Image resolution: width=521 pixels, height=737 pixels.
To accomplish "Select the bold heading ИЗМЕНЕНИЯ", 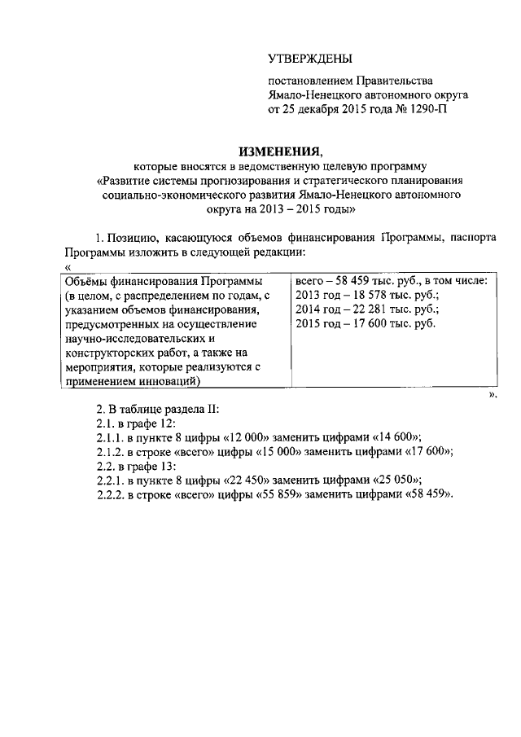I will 279,151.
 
